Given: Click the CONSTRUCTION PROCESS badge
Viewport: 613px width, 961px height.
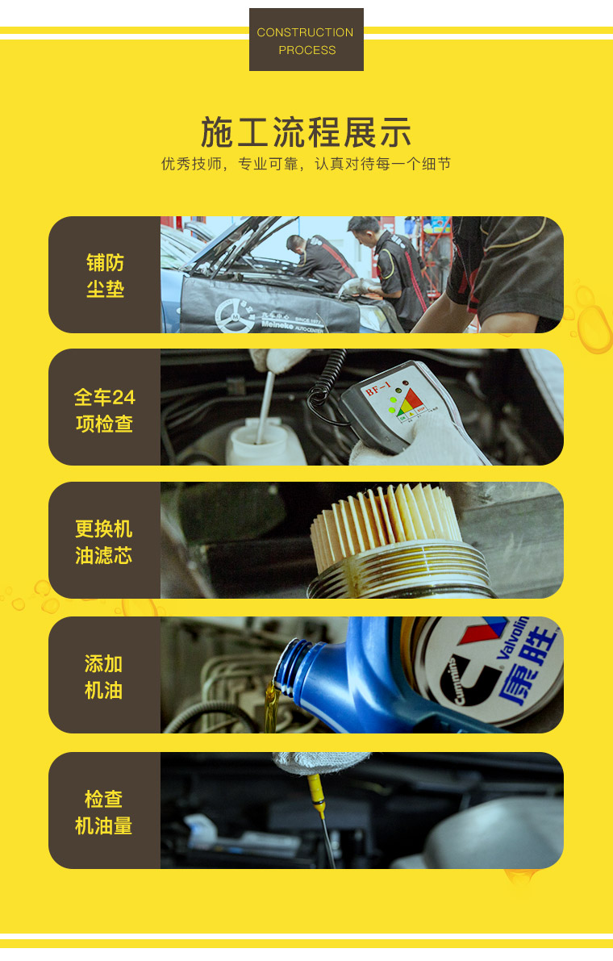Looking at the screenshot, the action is click(x=306, y=40).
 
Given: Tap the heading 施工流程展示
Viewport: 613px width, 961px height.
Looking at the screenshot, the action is click(x=306, y=132).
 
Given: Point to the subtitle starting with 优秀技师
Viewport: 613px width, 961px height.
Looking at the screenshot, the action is click(x=306, y=165).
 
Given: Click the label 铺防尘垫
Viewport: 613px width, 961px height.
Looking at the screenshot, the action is click(x=105, y=275).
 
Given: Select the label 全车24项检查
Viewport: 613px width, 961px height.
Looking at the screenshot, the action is click(x=105, y=410).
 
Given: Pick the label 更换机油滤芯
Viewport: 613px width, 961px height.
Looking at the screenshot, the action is click(x=104, y=541).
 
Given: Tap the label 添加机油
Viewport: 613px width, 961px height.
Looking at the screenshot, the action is click(x=103, y=677).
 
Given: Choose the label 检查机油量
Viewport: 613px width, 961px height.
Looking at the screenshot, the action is click(x=103, y=812).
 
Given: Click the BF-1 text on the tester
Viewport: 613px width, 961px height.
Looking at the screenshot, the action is click(x=377, y=389).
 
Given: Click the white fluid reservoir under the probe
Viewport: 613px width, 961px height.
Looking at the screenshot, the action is click(x=265, y=442).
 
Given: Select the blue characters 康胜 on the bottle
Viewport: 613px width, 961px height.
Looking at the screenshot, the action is click(x=528, y=665).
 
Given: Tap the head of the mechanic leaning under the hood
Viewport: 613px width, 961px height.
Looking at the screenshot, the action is click(x=296, y=244).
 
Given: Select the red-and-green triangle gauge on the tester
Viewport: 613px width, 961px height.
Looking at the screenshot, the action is click(x=408, y=402).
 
